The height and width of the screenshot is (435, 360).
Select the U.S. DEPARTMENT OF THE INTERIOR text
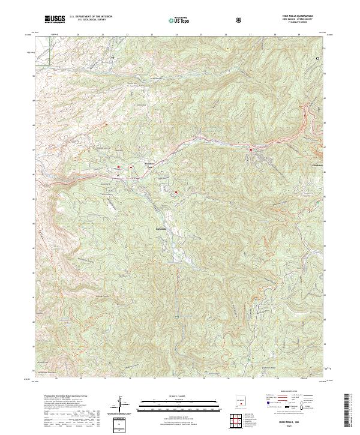click(91, 17)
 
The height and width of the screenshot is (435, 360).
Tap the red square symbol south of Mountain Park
click(176, 192)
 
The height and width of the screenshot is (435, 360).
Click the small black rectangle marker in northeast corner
click(317, 58)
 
